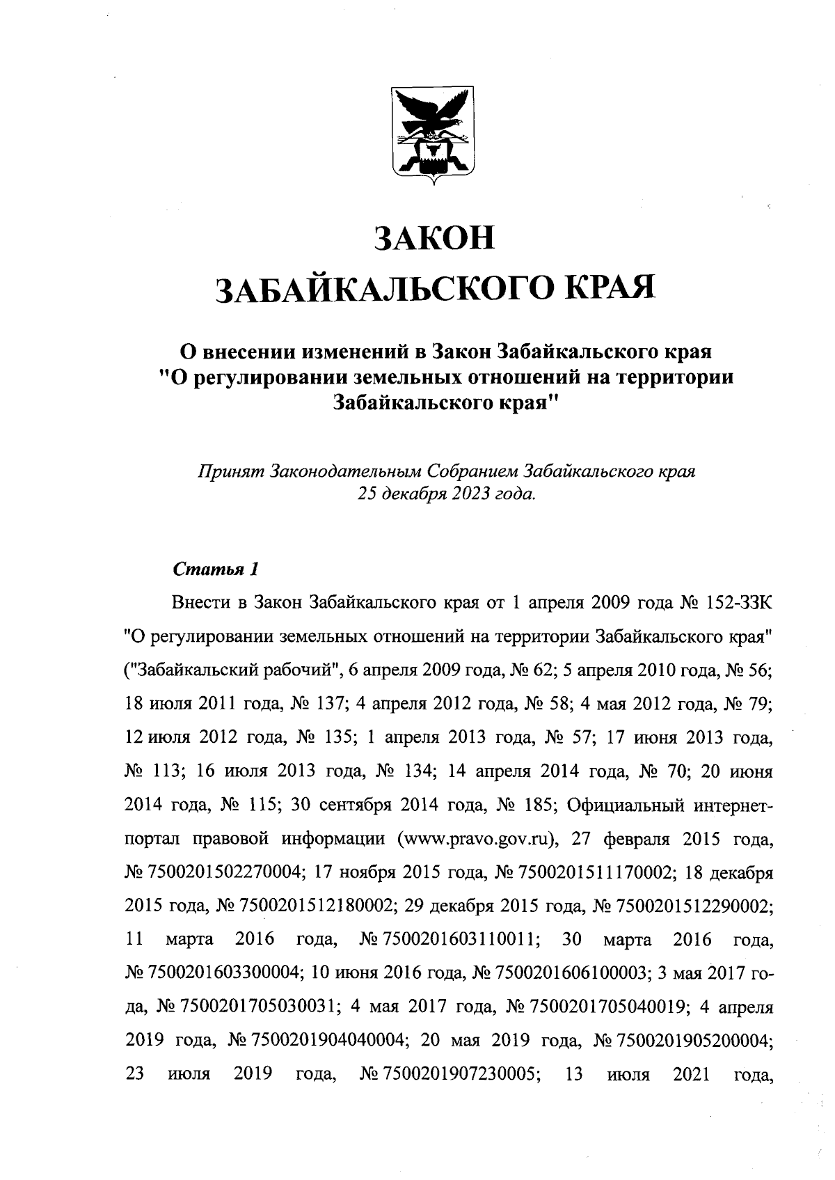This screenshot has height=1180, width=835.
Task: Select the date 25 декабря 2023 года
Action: point(447,494)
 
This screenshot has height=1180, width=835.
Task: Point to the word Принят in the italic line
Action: point(223,472)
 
